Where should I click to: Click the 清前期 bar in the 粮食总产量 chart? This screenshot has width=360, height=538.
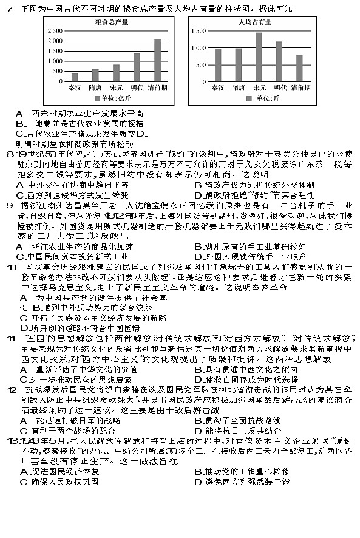157,60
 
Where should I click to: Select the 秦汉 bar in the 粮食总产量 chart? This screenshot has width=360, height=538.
75,77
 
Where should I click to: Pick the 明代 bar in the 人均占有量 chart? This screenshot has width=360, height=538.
279,61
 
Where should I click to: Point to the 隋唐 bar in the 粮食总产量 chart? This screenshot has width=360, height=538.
95,75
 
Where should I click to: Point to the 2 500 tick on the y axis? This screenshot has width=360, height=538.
54,31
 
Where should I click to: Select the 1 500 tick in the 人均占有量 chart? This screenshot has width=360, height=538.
199,31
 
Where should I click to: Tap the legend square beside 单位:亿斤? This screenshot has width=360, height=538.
97,98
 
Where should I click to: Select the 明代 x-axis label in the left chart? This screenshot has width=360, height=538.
137,87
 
